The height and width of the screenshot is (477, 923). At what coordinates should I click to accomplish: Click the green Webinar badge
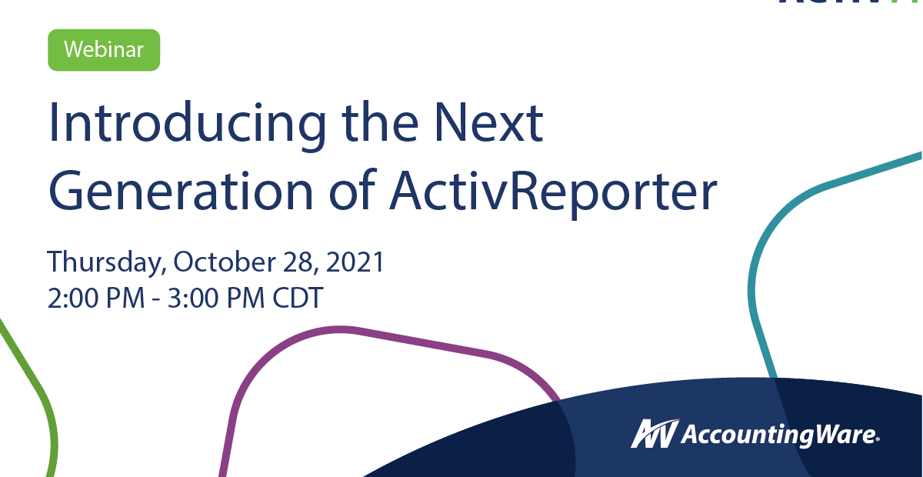(x=104, y=50)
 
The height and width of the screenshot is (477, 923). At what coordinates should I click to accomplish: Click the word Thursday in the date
(x=106, y=263)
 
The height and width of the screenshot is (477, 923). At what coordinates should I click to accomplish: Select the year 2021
(x=354, y=262)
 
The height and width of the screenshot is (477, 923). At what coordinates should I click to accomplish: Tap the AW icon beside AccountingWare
(x=655, y=434)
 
